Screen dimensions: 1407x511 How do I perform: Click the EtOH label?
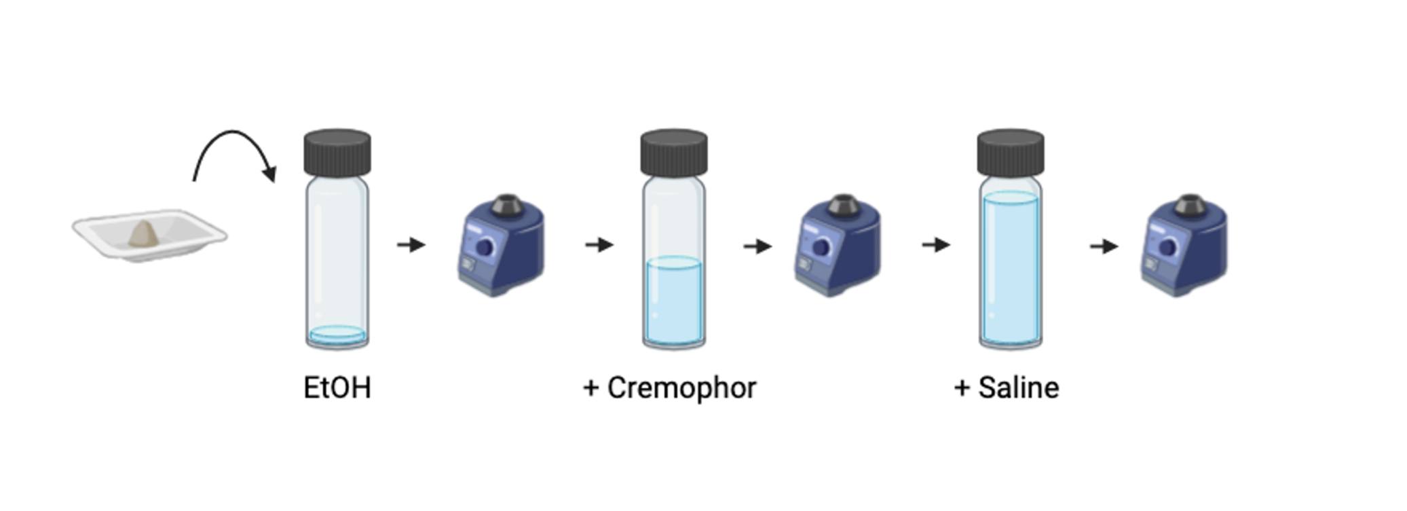click(x=337, y=388)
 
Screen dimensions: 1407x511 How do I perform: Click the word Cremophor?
click(x=681, y=388)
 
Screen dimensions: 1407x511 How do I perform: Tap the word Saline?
click(x=1018, y=388)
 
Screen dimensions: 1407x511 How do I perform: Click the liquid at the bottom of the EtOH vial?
click(x=337, y=335)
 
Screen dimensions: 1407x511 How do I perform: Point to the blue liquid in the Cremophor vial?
click(x=674, y=300)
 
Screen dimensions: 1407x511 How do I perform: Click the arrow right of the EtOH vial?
click(x=411, y=244)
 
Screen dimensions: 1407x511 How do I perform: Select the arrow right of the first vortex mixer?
click(x=599, y=244)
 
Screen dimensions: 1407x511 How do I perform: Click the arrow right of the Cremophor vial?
click(x=757, y=246)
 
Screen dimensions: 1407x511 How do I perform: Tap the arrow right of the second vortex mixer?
click(x=936, y=244)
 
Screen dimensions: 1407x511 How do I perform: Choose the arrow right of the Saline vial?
click(x=1104, y=246)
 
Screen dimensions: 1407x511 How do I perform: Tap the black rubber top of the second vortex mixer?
click(x=844, y=204)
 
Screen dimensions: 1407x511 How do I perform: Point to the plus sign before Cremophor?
click(x=591, y=389)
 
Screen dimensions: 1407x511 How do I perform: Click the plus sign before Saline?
click(x=962, y=389)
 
